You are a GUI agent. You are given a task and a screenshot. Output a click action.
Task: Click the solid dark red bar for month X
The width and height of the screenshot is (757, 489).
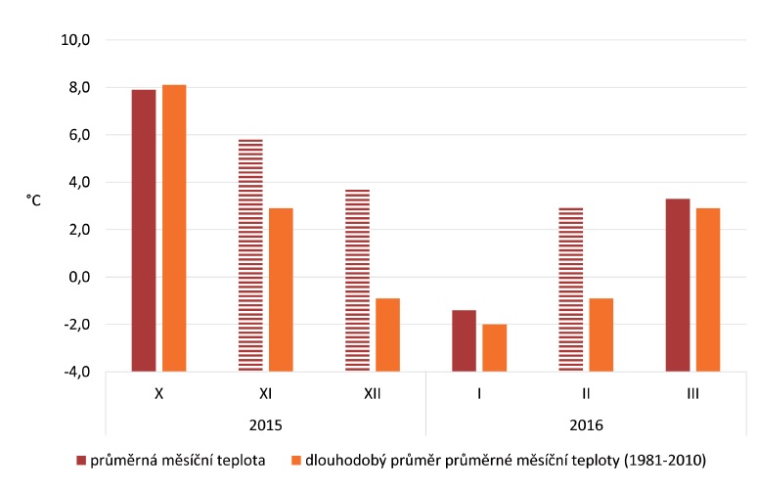[144, 230]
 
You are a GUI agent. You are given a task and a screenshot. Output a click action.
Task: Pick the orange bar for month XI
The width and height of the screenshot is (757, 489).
[281, 289]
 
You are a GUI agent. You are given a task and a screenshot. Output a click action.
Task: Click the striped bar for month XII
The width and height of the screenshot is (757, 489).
[357, 280]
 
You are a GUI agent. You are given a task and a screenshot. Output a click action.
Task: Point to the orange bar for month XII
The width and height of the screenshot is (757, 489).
[387, 334]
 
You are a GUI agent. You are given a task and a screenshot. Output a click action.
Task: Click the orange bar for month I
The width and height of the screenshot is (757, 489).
[495, 347]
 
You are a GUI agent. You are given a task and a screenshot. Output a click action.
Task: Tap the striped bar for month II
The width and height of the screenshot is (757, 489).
[570, 289]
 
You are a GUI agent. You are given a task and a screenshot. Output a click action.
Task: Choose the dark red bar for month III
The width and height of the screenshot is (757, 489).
[678, 285]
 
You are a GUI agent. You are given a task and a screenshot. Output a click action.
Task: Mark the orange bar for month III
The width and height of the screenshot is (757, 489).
[708, 289]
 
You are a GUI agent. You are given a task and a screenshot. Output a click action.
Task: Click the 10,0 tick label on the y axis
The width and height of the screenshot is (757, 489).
[75, 41]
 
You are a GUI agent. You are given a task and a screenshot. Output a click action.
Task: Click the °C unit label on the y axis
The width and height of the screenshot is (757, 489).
[34, 200]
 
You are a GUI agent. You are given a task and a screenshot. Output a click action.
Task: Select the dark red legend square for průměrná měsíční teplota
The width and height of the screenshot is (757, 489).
[82, 459]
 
